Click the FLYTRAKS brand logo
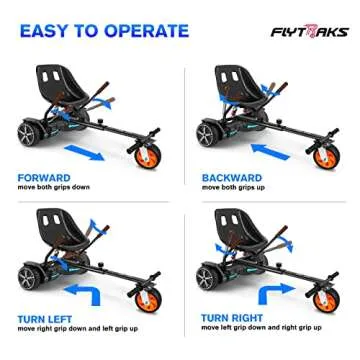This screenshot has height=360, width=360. pyautogui.click(x=309, y=31)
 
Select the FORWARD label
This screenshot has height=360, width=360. pyautogui.click(x=44, y=178)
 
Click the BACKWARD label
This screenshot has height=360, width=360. pyautogui.click(x=232, y=178)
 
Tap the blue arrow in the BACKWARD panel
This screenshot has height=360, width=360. pyautogui.click(x=270, y=153)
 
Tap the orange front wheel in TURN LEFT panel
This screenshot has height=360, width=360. pyautogui.click(x=148, y=298)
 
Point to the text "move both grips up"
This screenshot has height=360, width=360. pyautogui.click(x=234, y=188)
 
